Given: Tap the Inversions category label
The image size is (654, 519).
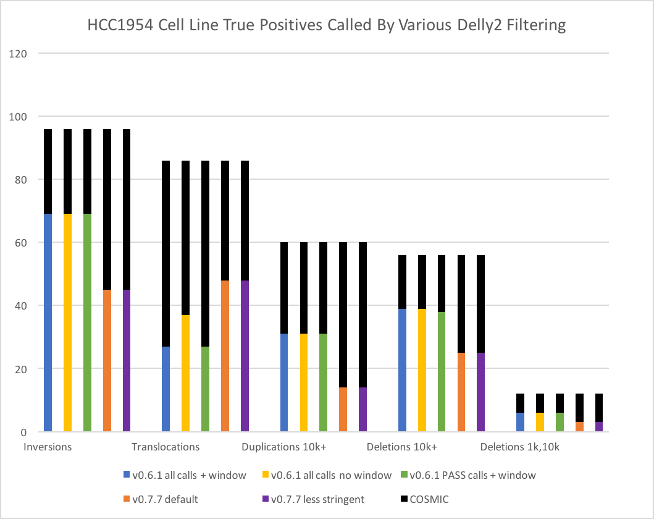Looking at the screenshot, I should coord(48,447).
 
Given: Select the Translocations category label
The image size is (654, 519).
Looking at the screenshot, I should coord(166,447).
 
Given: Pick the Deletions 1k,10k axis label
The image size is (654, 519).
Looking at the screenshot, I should coord(519,447).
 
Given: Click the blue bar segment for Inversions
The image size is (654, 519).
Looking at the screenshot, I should coord(48,323).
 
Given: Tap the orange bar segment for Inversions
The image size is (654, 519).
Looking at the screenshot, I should coord(107,361).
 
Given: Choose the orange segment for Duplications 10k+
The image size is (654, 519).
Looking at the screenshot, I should coord(343,410).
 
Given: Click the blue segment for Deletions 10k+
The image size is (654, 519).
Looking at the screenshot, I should coord(402,370).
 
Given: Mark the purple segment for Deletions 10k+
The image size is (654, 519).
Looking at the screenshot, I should coord(480,392).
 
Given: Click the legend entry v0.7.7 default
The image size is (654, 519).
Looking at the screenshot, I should coord(165,499).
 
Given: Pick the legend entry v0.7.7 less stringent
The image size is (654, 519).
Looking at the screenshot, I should coord(314,499).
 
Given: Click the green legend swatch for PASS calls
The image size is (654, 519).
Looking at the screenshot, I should coord(405,475).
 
